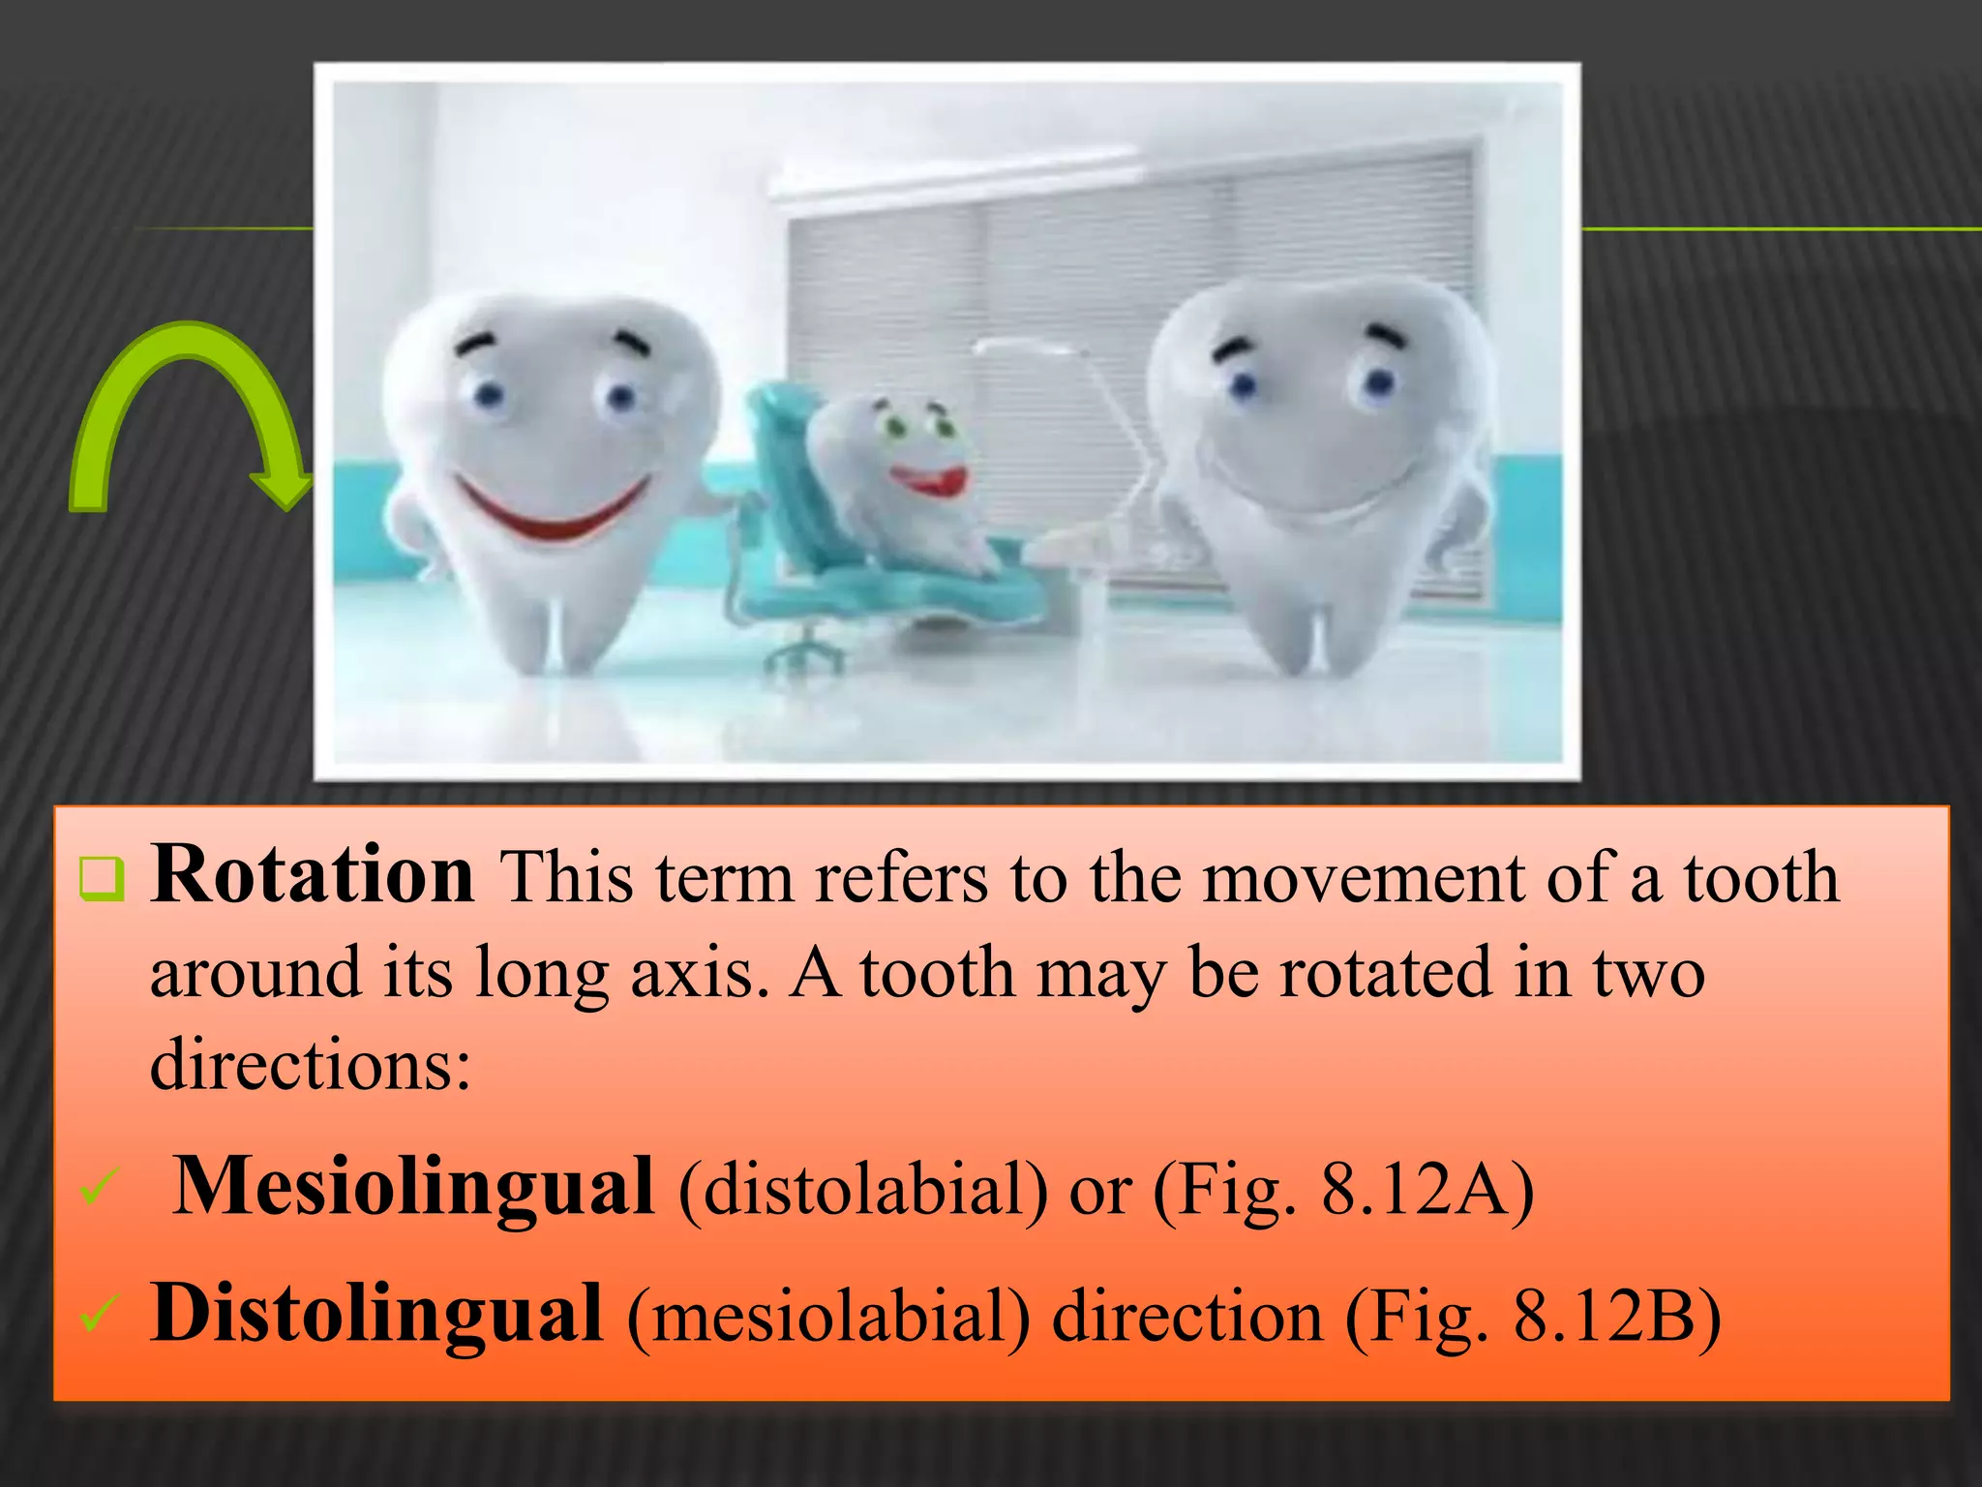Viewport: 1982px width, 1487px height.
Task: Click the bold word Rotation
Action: (x=313, y=874)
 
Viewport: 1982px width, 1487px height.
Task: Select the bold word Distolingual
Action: (x=376, y=1313)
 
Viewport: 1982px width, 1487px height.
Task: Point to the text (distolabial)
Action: (x=862, y=1190)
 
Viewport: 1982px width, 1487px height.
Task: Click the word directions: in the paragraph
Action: (x=311, y=1064)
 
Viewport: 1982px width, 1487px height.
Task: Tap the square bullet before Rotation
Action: (x=102, y=878)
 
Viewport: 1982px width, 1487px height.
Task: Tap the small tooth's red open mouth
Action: (x=929, y=479)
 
